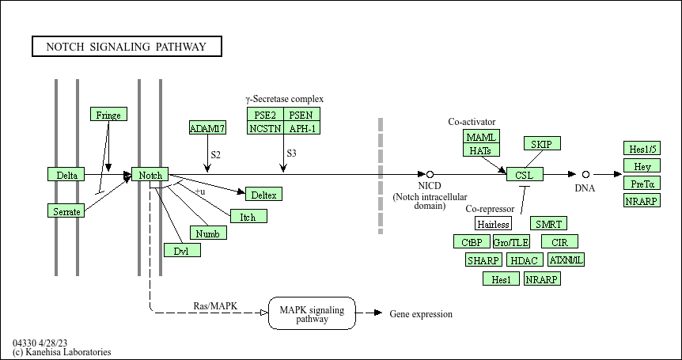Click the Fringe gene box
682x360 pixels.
click(x=108, y=115)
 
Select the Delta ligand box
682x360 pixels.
click(x=66, y=175)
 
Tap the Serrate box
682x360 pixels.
click(x=66, y=210)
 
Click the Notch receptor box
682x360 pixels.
click(x=150, y=175)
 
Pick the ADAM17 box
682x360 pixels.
click(x=207, y=127)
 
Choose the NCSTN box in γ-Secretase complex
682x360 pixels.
click(x=265, y=128)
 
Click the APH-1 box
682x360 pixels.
click(x=302, y=128)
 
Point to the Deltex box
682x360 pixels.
click(x=263, y=194)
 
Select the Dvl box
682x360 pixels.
click(x=182, y=250)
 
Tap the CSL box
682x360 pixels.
click(x=525, y=175)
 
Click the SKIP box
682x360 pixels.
click(x=542, y=143)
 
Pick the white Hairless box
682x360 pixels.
click(x=494, y=224)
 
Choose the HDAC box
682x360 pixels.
click(x=524, y=260)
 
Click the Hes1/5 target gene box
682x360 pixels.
click(x=641, y=149)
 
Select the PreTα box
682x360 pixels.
click(x=641, y=184)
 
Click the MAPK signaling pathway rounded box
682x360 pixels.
click(x=312, y=314)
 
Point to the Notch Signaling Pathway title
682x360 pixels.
click(x=127, y=47)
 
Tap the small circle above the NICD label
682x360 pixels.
click(x=430, y=174)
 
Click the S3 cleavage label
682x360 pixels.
click(x=291, y=153)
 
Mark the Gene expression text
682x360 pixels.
click(x=421, y=314)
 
